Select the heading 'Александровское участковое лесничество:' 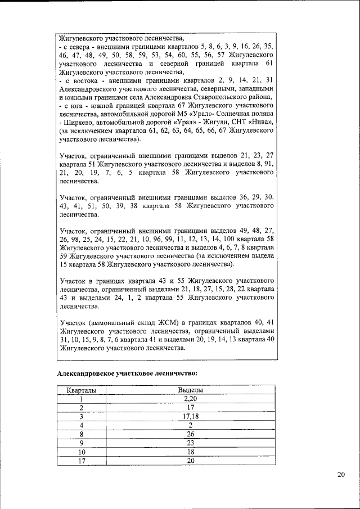[127, 373]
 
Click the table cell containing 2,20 [190, 398]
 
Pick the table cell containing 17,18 [190, 416]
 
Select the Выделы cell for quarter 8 [190, 434]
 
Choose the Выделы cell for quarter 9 [190, 443]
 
